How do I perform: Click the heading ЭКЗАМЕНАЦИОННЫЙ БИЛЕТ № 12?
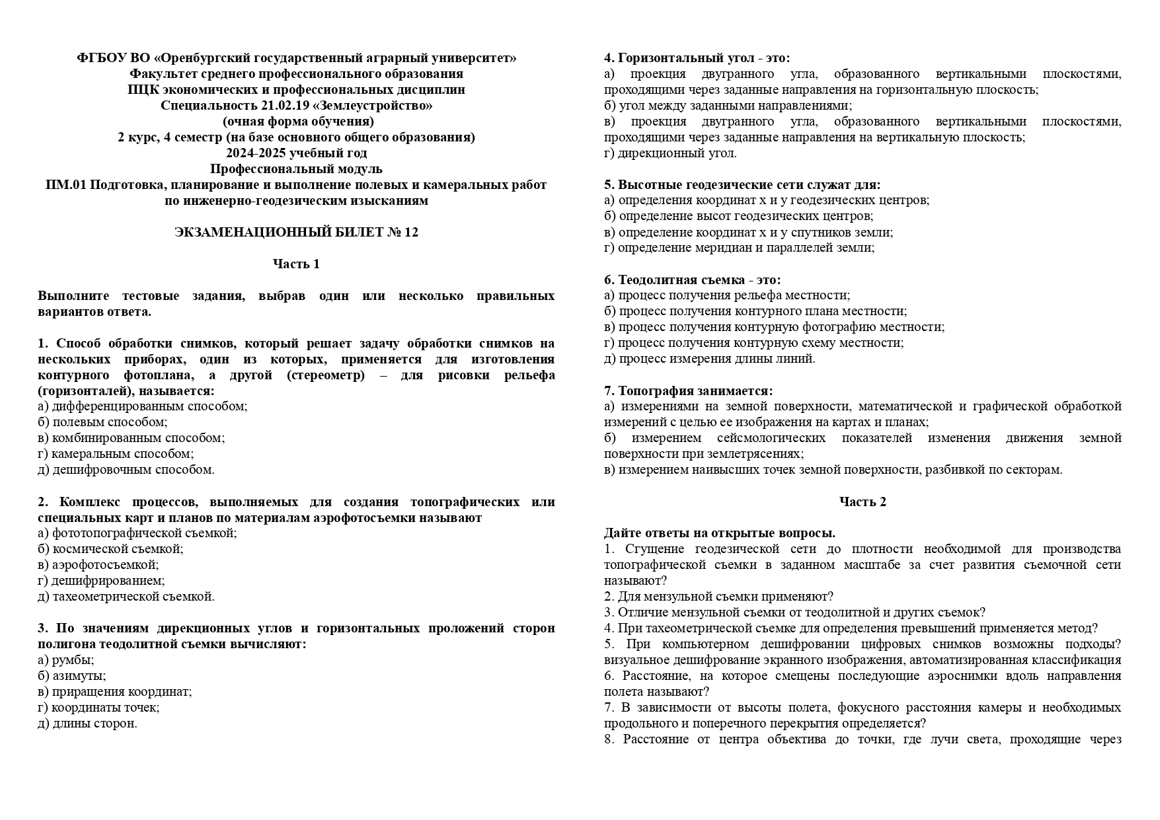[296, 233]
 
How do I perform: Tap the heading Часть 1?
[296, 264]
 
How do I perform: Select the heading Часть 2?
[863, 502]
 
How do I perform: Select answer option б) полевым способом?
[102, 422]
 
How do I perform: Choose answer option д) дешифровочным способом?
[126, 470]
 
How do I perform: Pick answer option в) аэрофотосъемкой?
[98, 565]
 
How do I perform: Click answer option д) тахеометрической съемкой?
[126, 597]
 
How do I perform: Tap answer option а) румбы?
[66, 660]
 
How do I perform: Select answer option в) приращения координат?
[115, 692]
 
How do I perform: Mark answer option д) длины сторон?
[87, 724]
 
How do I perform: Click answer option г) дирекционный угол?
[670, 153]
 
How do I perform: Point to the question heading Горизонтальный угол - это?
[697, 58]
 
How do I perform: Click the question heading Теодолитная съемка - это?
[693, 280]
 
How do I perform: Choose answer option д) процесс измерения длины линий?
[710, 359]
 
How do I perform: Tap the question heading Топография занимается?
[688, 391]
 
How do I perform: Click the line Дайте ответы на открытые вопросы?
[720, 533]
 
